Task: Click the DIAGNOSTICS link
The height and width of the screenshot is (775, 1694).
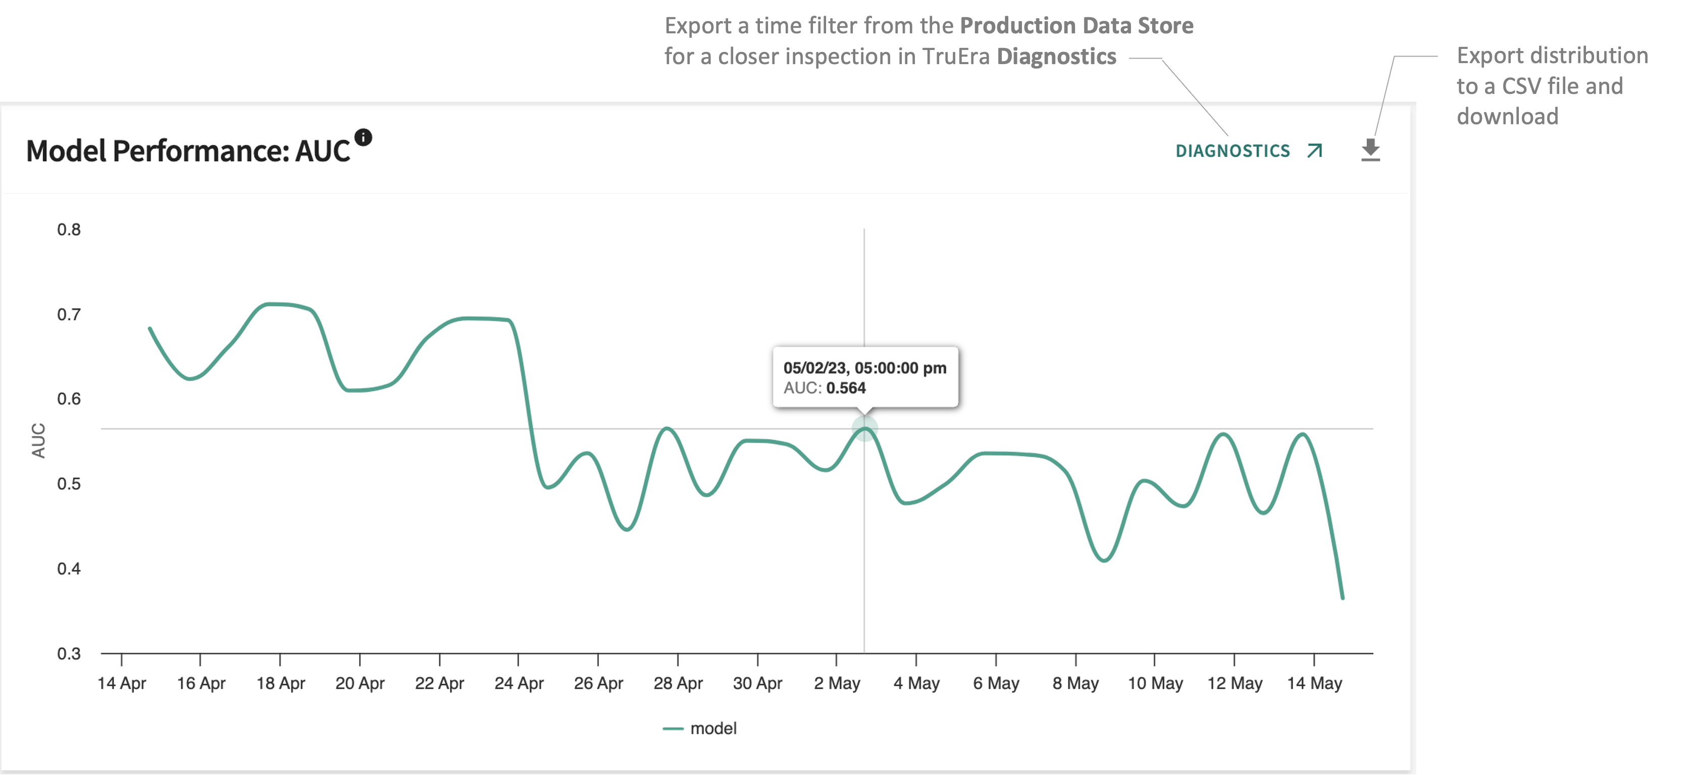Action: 1233,151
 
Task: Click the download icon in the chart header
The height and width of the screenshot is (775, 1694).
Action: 1370,150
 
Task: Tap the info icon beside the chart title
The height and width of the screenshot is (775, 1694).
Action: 363,137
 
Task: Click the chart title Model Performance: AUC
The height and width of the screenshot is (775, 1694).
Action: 188,151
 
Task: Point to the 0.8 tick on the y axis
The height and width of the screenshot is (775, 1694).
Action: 69,229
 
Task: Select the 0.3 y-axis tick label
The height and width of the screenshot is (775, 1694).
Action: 69,653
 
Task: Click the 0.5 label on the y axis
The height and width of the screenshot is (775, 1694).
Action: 69,484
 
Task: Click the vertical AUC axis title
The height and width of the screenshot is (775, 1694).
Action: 39,440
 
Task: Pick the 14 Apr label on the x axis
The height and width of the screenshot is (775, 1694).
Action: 122,684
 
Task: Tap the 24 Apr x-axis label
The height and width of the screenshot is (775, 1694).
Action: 519,684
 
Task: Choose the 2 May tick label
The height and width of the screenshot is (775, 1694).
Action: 837,684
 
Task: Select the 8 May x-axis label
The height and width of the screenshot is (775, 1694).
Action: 1075,684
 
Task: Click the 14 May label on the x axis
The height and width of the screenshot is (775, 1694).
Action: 1314,684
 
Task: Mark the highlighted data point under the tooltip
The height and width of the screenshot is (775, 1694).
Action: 865,429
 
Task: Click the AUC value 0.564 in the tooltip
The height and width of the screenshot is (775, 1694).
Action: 846,388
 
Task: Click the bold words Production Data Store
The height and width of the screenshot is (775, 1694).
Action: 1076,26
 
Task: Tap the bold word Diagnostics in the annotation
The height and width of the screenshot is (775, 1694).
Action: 1056,57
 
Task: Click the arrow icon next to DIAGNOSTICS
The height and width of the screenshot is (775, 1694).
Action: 1315,151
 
